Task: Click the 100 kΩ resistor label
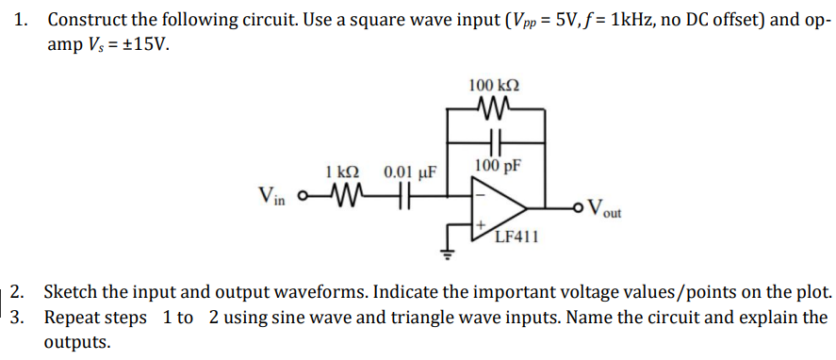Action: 493,86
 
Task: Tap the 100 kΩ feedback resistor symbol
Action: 493,111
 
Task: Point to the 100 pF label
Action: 498,167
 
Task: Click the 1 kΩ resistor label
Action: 341,172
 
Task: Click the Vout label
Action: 605,209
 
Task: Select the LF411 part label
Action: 516,237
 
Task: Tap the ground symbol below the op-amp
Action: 449,253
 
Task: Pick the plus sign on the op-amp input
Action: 481,225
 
